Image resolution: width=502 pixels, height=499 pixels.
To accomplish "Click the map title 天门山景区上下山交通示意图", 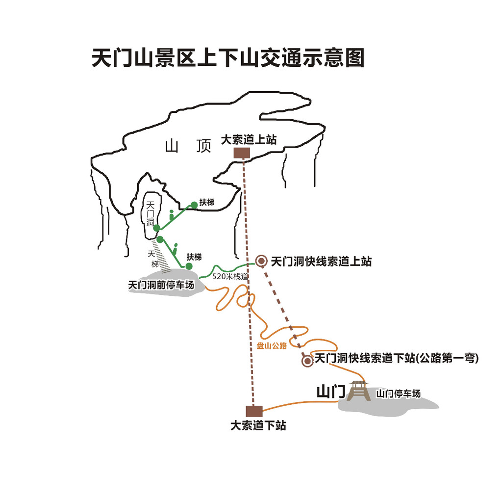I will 228,58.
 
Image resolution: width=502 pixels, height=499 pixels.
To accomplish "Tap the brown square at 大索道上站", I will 242,153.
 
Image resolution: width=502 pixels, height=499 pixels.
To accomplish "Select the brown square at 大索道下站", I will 254,411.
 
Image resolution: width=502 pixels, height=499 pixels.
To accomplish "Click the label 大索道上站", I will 249,140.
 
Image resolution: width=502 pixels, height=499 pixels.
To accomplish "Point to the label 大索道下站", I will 258,425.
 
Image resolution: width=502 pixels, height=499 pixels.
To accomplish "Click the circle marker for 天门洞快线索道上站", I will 262,261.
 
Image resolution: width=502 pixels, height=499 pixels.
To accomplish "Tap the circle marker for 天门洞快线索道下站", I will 307,361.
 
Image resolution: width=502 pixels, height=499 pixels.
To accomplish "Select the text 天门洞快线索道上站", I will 321,262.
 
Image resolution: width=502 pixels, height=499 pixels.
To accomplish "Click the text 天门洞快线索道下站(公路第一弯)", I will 396,358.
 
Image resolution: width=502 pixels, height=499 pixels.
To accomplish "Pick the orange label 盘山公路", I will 272,345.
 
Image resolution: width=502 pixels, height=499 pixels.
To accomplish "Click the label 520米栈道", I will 230,277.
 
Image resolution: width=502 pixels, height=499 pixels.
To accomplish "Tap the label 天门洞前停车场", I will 161,285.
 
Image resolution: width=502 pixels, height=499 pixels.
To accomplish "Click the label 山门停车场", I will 398,394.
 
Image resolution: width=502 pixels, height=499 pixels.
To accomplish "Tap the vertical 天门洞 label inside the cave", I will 151,214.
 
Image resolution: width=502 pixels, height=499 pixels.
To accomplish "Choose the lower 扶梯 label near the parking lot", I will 194,257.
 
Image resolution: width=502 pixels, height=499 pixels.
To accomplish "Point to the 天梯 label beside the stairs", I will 152,259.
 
